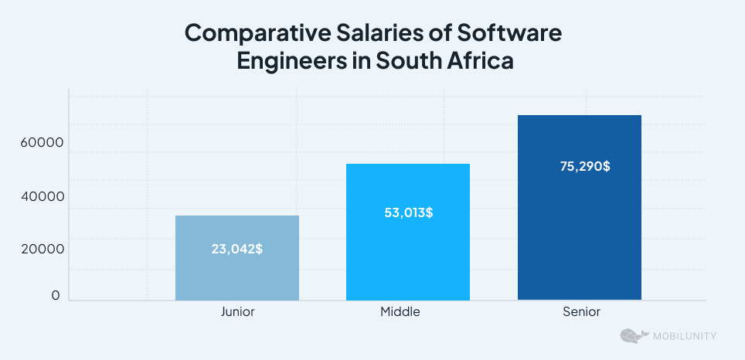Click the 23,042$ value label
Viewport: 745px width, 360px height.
[236, 250]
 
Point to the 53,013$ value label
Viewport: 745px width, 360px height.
[408, 212]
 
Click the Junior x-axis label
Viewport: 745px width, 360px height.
[237, 312]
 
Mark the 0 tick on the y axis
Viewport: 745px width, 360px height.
[56, 296]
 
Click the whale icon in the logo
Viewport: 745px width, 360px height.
[633, 336]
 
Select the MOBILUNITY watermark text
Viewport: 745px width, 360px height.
[683, 336]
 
